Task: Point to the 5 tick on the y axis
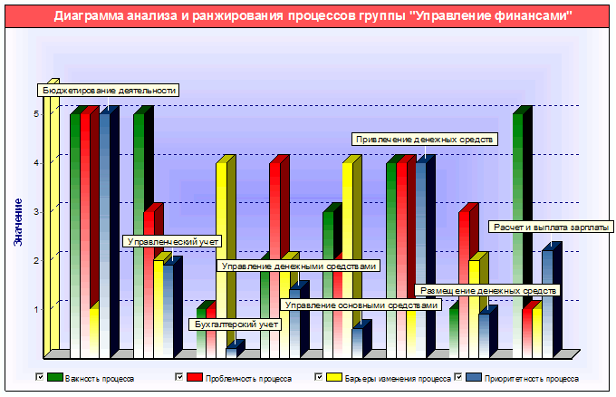tap(36, 114)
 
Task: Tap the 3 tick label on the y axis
tap(36, 212)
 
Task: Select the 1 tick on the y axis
tap(36, 310)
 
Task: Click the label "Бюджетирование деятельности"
tap(108, 90)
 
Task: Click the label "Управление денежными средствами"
tap(298, 266)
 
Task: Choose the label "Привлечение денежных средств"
tap(423, 140)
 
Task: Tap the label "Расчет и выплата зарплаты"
tap(551, 227)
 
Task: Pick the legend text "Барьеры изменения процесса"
tap(398, 377)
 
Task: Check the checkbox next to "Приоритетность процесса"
tap(457, 376)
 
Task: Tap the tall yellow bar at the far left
tap(52, 218)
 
